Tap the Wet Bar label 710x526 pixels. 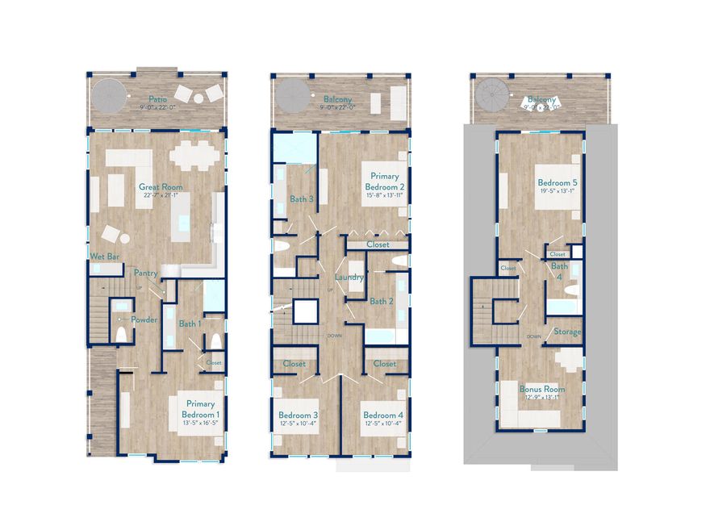(x=105, y=257)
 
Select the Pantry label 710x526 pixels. (x=145, y=273)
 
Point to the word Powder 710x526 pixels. (x=144, y=319)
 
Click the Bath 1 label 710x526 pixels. (x=190, y=324)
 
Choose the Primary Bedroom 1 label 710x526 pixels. (x=201, y=408)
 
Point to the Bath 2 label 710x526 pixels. (x=381, y=302)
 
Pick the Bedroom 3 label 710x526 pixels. (x=298, y=415)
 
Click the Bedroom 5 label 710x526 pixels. (x=558, y=183)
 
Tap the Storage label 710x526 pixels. (x=567, y=332)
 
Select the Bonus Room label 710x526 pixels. (x=542, y=389)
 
